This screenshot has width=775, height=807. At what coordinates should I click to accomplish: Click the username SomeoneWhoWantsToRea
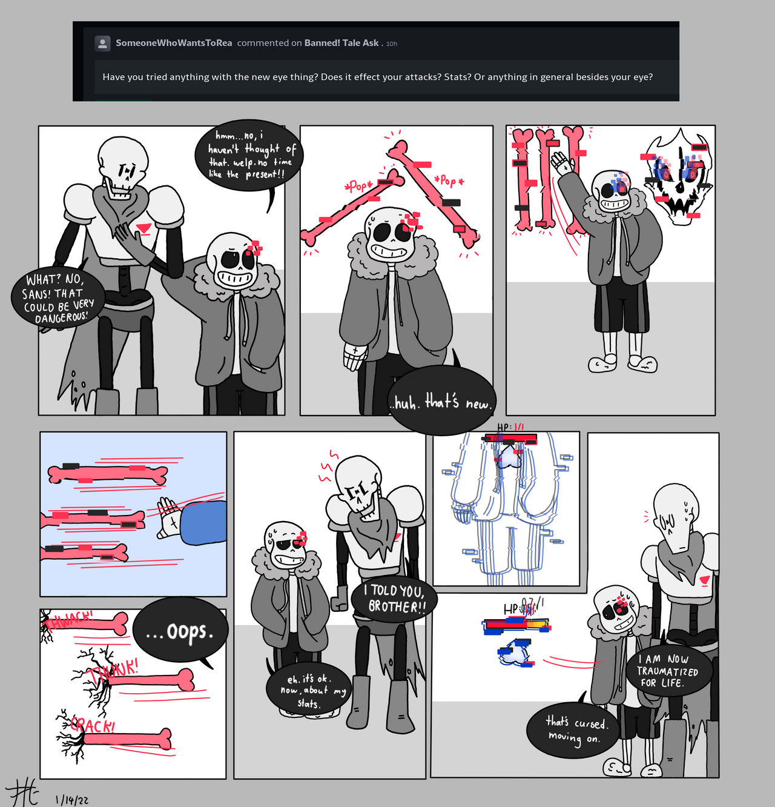(x=174, y=43)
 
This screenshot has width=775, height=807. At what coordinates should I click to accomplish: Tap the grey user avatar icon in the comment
(x=102, y=43)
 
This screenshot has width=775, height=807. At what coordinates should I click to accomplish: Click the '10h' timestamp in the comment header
(x=392, y=44)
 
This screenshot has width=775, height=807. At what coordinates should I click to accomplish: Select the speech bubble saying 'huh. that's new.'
(x=441, y=400)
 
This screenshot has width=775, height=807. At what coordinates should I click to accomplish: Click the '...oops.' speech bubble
(x=180, y=631)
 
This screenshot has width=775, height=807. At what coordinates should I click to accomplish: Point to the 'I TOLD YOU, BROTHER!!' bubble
(x=394, y=599)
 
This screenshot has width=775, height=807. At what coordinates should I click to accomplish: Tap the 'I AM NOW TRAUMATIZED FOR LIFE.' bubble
(x=668, y=671)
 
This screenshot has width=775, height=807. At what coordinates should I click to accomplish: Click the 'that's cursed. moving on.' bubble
(x=573, y=729)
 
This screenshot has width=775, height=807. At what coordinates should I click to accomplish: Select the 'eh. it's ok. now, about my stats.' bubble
(x=308, y=691)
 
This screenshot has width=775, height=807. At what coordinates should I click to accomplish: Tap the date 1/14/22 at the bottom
(x=72, y=800)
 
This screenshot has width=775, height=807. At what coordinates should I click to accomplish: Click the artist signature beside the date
(x=23, y=794)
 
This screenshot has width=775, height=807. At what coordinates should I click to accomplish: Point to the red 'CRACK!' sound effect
(x=92, y=725)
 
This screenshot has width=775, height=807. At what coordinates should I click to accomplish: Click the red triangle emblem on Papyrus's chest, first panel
(x=143, y=228)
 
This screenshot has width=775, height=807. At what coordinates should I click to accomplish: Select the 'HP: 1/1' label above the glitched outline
(x=510, y=427)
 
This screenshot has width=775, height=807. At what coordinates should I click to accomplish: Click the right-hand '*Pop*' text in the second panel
(x=449, y=181)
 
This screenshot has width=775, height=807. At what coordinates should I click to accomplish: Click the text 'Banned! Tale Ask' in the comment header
(x=341, y=43)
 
